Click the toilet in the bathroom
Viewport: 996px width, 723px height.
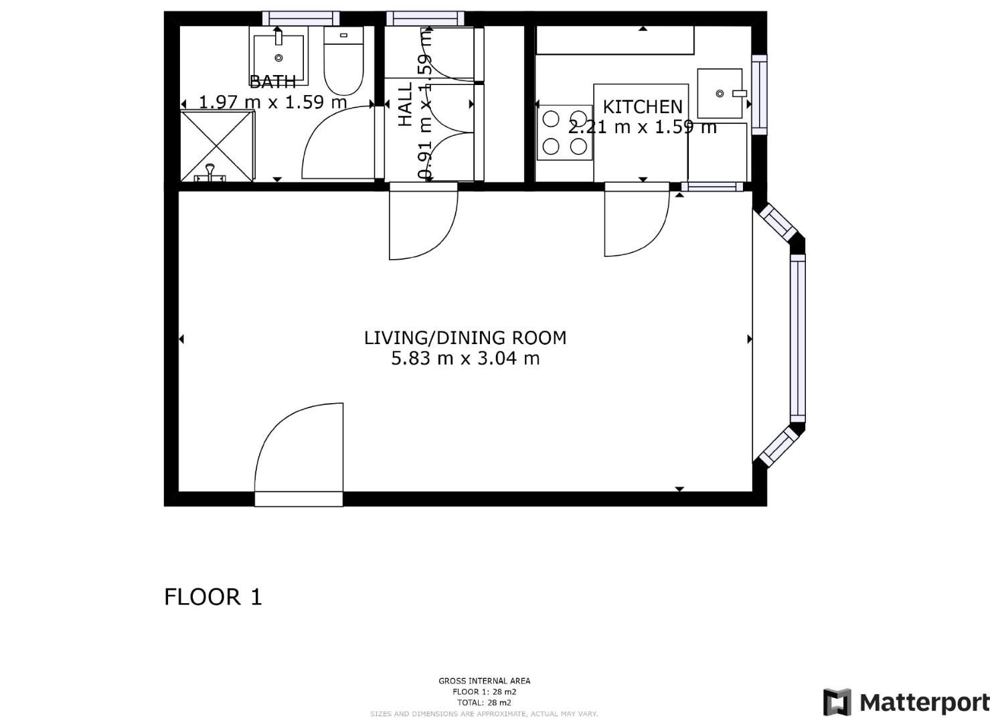[343, 62]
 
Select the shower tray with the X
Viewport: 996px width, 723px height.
[217, 145]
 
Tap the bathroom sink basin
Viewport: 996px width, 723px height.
[278, 56]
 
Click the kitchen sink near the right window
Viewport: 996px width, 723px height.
[720, 94]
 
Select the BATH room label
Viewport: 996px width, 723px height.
[272, 82]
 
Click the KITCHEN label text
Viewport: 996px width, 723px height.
[642, 106]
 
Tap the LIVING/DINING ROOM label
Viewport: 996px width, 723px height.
[465, 338]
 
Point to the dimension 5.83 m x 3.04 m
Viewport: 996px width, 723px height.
[465, 359]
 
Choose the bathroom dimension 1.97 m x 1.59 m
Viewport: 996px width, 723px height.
[273, 102]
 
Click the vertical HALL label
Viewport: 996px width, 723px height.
[406, 104]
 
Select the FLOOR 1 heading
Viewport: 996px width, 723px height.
[213, 596]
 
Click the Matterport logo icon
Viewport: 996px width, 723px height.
[837, 702]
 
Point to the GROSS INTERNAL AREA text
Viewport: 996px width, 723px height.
[484, 681]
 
